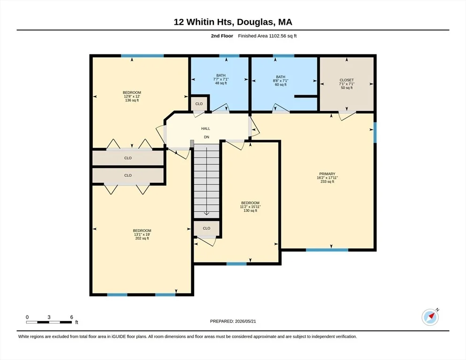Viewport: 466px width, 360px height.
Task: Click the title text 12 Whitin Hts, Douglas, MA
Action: (233, 22)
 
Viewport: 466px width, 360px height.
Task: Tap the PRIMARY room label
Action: (327, 174)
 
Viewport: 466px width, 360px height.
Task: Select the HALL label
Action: (206, 129)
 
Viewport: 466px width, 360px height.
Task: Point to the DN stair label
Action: (207, 137)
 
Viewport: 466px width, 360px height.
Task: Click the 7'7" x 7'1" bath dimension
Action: (221, 79)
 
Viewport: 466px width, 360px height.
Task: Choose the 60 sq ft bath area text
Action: (280, 84)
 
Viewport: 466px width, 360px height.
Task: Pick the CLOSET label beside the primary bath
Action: (347, 80)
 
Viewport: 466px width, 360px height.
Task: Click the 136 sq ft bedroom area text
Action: (132, 100)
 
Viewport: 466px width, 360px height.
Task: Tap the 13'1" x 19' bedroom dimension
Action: (142, 234)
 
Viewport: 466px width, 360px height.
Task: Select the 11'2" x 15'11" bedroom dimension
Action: (250, 207)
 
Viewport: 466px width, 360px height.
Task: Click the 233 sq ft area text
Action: (327, 181)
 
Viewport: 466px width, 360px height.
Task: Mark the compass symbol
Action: (430, 317)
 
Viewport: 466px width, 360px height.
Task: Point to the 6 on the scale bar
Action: (72, 317)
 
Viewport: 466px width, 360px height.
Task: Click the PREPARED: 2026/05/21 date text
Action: (233, 322)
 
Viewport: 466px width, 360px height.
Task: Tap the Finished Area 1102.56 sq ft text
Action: (267, 36)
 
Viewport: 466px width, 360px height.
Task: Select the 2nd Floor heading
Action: (222, 36)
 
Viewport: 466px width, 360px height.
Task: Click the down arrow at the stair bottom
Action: (207, 213)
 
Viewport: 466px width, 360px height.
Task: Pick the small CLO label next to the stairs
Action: (207, 228)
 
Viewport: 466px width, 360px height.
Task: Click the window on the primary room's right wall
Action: (375, 133)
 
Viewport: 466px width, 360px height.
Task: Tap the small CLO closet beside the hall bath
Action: (199, 104)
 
